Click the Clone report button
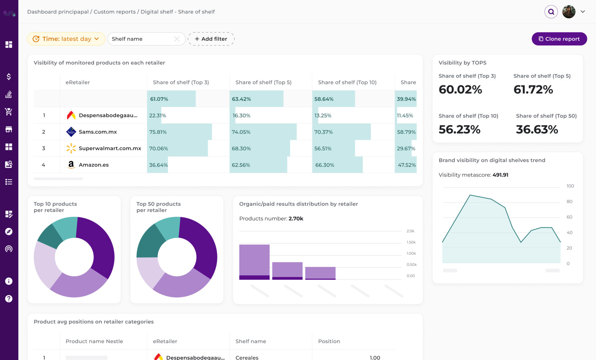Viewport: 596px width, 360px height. click(559, 39)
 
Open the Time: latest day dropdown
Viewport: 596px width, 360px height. click(66, 39)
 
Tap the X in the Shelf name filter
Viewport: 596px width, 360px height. click(177, 39)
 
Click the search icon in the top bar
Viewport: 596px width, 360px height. click(551, 12)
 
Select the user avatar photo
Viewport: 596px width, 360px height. click(569, 12)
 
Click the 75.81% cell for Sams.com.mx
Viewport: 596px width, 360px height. click(158, 132)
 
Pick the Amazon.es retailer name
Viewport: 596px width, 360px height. click(94, 165)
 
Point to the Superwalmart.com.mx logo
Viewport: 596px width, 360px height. click(71, 148)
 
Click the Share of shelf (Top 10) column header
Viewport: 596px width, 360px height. click(347, 82)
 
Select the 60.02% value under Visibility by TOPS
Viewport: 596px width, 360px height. click(460, 90)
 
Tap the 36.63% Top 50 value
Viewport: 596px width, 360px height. click(537, 130)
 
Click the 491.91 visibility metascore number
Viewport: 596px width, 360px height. click(500, 175)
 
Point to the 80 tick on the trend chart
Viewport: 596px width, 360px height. click(569, 202)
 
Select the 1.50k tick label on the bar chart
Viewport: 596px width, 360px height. click(411, 242)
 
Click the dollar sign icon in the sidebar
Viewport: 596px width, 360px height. click(9, 77)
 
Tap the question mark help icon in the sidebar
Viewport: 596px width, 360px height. click(9, 299)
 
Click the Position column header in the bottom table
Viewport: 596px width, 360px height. click(329, 341)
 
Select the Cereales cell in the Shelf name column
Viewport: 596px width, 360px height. click(247, 357)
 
